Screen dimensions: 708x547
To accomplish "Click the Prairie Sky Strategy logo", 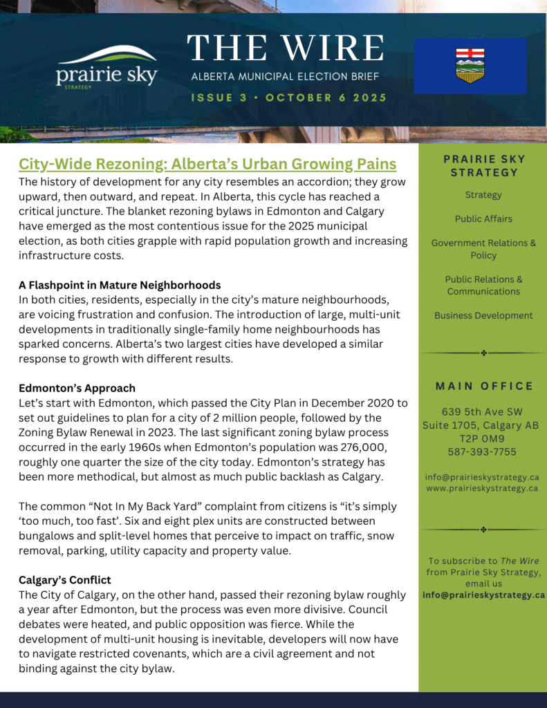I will pyautogui.click(x=106, y=67).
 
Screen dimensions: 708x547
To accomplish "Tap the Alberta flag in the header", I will pyautogui.click(x=470, y=66).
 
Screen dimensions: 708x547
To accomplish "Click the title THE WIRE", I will pyautogui.click(x=286, y=48).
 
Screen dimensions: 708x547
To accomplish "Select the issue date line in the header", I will pyautogui.click(x=288, y=97).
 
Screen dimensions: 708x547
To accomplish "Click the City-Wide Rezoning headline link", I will pyautogui.click(x=207, y=165).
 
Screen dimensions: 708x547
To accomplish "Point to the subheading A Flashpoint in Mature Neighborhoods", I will pyautogui.click(x=120, y=285).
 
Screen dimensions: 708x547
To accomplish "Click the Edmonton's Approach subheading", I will pyautogui.click(x=77, y=388).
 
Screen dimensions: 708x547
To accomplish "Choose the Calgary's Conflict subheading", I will pyautogui.click(x=65, y=579).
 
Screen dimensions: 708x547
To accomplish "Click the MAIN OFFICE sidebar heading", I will pyautogui.click(x=484, y=386).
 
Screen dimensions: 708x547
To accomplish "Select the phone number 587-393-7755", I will pyautogui.click(x=483, y=451).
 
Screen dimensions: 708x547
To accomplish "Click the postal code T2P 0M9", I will pyautogui.click(x=483, y=438).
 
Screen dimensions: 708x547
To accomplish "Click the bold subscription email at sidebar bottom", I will pyautogui.click(x=483, y=595).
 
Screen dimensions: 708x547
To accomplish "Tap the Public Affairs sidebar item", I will pyautogui.click(x=483, y=218).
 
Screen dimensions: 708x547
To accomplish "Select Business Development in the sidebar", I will pyautogui.click(x=483, y=315).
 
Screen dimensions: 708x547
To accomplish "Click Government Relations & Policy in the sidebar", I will pyautogui.click(x=483, y=249).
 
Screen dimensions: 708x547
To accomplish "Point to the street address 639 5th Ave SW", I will pyautogui.click(x=483, y=412).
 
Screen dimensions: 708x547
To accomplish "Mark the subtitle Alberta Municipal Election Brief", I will pyautogui.click(x=285, y=76).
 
